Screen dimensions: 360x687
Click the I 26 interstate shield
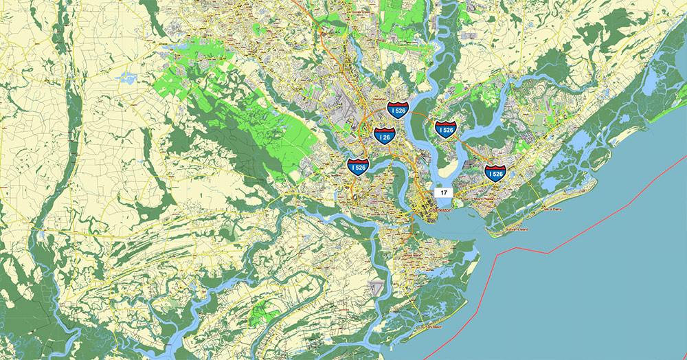[384, 135]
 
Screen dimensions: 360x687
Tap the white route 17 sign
[444, 193]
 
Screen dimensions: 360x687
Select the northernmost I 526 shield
[398, 107]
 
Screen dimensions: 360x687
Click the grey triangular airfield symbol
[375, 289]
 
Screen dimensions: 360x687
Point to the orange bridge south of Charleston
[411, 227]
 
